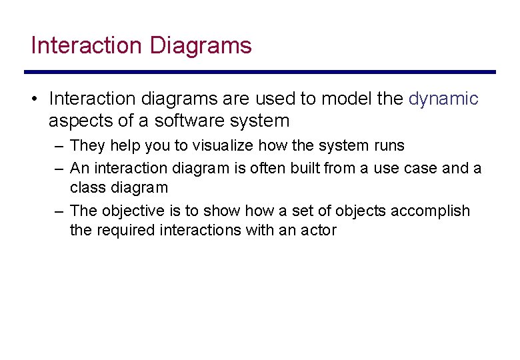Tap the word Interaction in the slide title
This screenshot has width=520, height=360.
87,46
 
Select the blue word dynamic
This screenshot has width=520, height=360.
443,99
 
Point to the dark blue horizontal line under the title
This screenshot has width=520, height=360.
260,72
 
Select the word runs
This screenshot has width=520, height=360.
389,145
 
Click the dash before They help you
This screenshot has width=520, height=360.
59,145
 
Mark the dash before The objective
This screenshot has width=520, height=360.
59,211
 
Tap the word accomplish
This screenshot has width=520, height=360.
430,211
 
